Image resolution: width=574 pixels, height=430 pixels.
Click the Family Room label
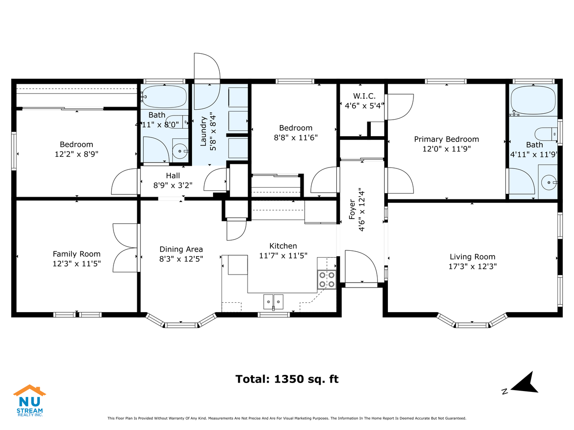click(77, 254)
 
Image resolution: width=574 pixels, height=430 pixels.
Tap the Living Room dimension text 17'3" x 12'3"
click(473, 267)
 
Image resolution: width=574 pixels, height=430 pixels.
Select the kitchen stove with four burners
click(327, 279)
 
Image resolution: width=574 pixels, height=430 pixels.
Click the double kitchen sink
click(273, 302)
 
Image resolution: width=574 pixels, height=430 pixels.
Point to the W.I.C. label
click(364, 96)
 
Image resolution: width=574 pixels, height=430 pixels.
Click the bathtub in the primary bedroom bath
click(533, 100)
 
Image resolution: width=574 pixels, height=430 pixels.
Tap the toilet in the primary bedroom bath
click(546, 134)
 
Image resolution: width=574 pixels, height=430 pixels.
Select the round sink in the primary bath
click(549, 182)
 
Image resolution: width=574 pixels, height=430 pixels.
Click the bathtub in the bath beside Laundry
click(164, 97)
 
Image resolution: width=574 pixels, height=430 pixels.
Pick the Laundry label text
click(204, 131)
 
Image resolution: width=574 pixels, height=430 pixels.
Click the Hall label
click(173, 176)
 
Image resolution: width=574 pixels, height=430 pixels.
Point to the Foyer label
click(352, 209)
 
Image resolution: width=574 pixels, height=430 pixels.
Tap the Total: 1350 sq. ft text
click(287, 379)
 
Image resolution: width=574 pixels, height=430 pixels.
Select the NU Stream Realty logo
click(30, 400)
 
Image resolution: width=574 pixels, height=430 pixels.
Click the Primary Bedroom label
click(446, 139)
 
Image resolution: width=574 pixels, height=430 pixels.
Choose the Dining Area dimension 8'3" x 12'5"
click(181, 259)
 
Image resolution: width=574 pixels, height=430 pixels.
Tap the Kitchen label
click(283, 246)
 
